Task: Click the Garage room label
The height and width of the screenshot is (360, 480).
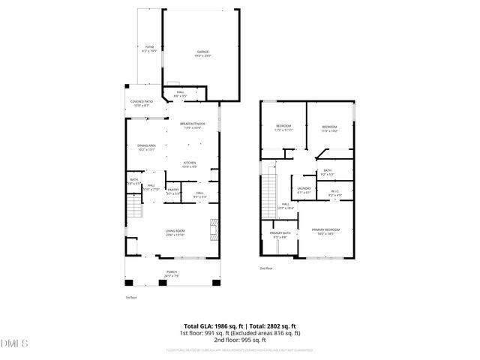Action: click(203, 53)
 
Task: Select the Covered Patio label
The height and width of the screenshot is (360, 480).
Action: click(141, 103)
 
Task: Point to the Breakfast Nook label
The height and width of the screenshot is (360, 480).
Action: click(193, 124)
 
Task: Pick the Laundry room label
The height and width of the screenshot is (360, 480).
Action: click(304, 190)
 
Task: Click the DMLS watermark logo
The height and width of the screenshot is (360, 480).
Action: click(13, 343)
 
